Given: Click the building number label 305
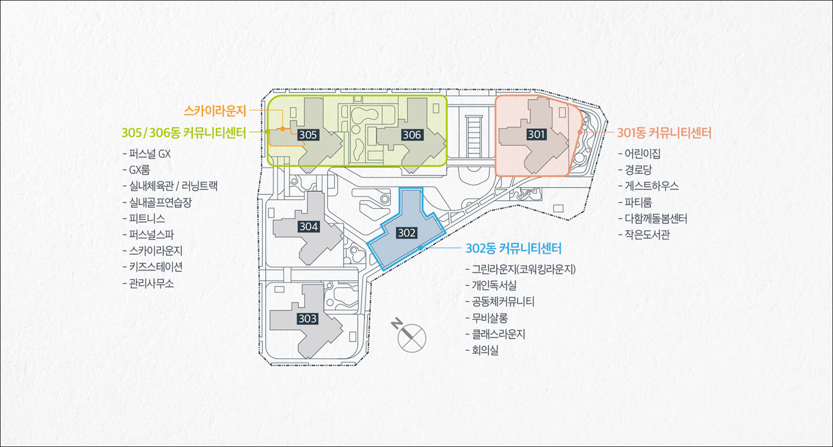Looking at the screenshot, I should (x=308, y=135).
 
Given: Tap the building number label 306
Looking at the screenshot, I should (x=411, y=135).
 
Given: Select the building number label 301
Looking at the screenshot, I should (x=536, y=134).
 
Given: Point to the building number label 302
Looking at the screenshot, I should (x=406, y=233).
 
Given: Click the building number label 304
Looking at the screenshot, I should (x=308, y=227).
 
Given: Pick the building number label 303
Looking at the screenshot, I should (x=307, y=319).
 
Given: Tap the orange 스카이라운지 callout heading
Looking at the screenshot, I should (x=214, y=110).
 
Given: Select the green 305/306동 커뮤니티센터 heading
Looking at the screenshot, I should (x=183, y=133).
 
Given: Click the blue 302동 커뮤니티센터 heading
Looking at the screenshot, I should (x=513, y=248).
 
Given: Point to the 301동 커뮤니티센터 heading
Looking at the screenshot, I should (x=664, y=133).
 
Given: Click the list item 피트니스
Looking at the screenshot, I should (x=147, y=218).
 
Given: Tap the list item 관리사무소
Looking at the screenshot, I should (x=152, y=283).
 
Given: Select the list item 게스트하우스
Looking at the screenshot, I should (x=651, y=186).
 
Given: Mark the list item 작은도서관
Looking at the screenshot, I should (x=647, y=234).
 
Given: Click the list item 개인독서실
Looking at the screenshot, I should (x=494, y=285).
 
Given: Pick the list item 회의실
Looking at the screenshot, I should (x=485, y=350).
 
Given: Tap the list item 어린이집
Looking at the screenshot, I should (x=642, y=153).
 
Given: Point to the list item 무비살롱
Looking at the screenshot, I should (x=489, y=318).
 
